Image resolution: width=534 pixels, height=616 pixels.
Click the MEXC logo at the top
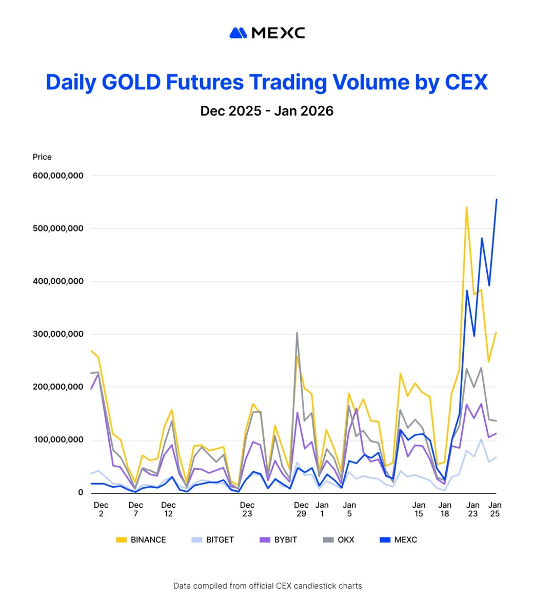[x=267, y=33]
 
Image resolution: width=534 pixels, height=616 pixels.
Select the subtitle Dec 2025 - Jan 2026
[x=267, y=111]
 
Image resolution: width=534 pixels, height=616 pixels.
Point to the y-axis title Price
[x=42, y=157]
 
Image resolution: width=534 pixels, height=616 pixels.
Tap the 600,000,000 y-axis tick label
[x=57, y=176]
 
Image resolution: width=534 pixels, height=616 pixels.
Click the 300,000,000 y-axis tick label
[x=57, y=334]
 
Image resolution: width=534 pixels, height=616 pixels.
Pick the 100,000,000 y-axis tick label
[x=57, y=440]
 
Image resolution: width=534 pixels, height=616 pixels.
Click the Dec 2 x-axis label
[x=101, y=509]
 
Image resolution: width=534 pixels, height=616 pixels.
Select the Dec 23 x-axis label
[x=247, y=509]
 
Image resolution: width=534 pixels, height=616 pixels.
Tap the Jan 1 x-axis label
[x=322, y=509]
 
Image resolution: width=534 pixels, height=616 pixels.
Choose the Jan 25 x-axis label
[x=495, y=509]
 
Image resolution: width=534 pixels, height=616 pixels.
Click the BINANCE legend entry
[x=141, y=540]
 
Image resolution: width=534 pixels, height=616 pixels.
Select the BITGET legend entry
[x=213, y=540]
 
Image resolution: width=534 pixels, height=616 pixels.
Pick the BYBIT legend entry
[x=279, y=540]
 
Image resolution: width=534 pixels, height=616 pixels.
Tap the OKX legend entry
[x=339, y=540]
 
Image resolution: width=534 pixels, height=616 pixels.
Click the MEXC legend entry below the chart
[x=399, y=540]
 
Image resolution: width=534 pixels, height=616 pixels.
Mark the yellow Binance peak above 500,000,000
[x=466, y=207]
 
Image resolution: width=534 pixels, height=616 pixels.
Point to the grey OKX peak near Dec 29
[x=296, y=333]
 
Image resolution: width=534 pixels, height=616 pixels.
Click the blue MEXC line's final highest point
[x=496, y=200]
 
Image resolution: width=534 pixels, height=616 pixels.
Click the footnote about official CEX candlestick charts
[x=267, y=586]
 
